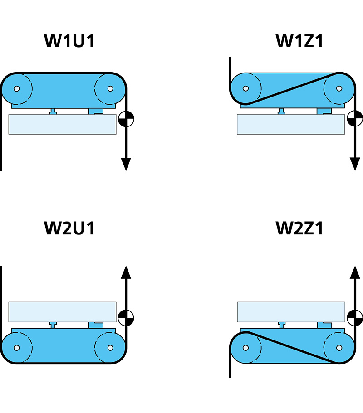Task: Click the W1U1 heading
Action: pos(69,41)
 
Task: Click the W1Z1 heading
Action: pos(299,41)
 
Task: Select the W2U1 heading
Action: pos(69,228)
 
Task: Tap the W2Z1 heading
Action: pos(299,228)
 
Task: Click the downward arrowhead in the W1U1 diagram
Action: pos(126,164)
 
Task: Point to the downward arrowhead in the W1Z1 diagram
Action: pos(355,164)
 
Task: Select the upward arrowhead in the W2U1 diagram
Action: pos(126,271)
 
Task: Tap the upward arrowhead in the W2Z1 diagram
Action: pos(355,271)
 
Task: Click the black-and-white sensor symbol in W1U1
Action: pos(126,119)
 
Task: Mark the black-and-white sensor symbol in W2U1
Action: pos(126,317)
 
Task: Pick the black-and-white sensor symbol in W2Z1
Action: pos(355,317)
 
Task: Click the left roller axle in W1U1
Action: pos(17,88)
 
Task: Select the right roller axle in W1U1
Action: pos(109,88)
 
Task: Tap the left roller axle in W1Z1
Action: pos(246,88)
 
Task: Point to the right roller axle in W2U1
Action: pos(109,348)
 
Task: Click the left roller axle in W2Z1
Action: pos(246,348)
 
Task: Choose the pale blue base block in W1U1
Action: pos(62,124)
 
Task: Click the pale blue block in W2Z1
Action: pos(291,312)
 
